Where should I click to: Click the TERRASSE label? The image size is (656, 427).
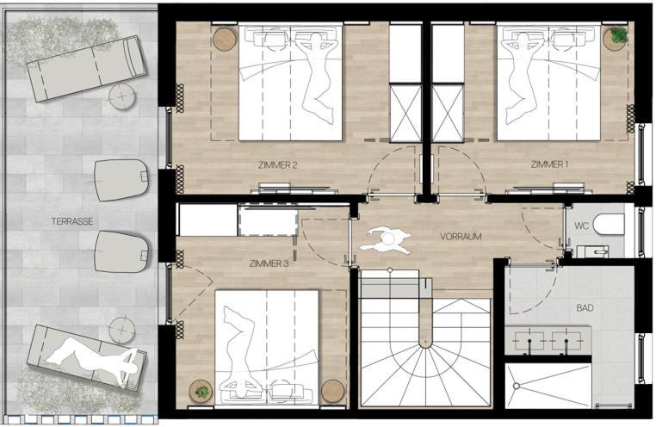pyautogui.click(x=72, y=221)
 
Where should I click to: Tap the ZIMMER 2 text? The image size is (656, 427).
pyautogui.click(x=277, y=165)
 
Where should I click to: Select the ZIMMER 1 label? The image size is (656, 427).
pyautogui.click(x=549, y=164)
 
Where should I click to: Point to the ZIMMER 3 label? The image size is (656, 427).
pyautogui.click(x=269, y=264)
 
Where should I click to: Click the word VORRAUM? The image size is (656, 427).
pyautogui.click(x=461, y=237)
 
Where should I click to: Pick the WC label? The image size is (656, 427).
pyautogui.click(x=581, y=226)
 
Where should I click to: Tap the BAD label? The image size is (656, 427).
pyautogui.click(x=585, y=308)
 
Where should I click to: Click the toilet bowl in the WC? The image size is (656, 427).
pyautogui.click(x=610, y=224)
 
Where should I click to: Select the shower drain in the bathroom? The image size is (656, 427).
pyautogui.click(x=517, y=386)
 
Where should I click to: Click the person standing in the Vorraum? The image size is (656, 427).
pyautogui.click(x=386, y=240)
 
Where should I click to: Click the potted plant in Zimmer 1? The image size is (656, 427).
pyautogui.click(x=616, y=38)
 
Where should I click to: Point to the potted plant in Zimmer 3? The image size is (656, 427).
pyautogui.click(x=201, y=392)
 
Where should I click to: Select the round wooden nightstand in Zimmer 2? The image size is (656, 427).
pyautogui.click(x=225, y=40)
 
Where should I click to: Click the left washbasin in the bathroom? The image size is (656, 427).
pyautogui.click(x=529, y=340)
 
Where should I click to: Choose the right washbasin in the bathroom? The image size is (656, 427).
pyautogui.click(x=566, y=340)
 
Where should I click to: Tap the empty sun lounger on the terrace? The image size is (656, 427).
pyautogui.click(x=87, y=69)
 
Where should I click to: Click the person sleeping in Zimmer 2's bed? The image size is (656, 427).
pyautogui.click(x=313, y=77)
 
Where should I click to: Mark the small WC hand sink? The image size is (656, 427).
pyautogui.click(x=593, y=251)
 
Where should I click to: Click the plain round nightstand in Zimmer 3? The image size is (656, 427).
pyautogui.click(x=333, y=391)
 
